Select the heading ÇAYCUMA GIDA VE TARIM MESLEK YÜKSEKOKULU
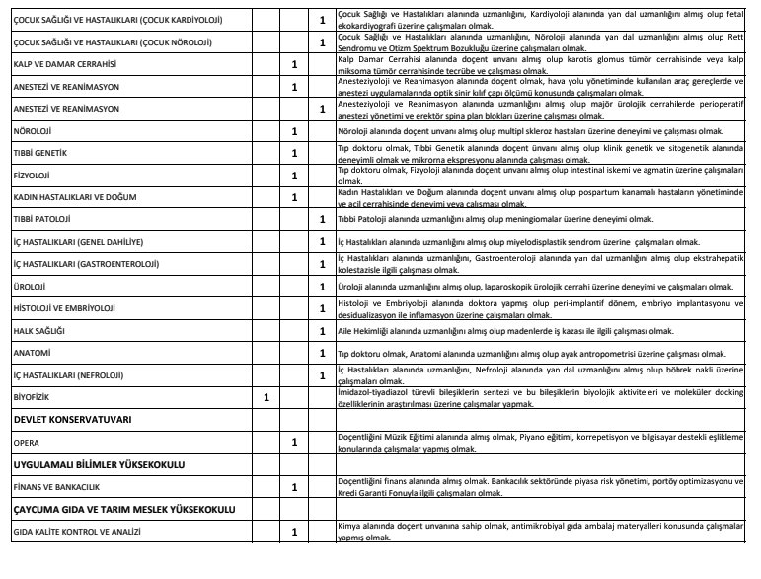pyautogui.click(x=125, y=509)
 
